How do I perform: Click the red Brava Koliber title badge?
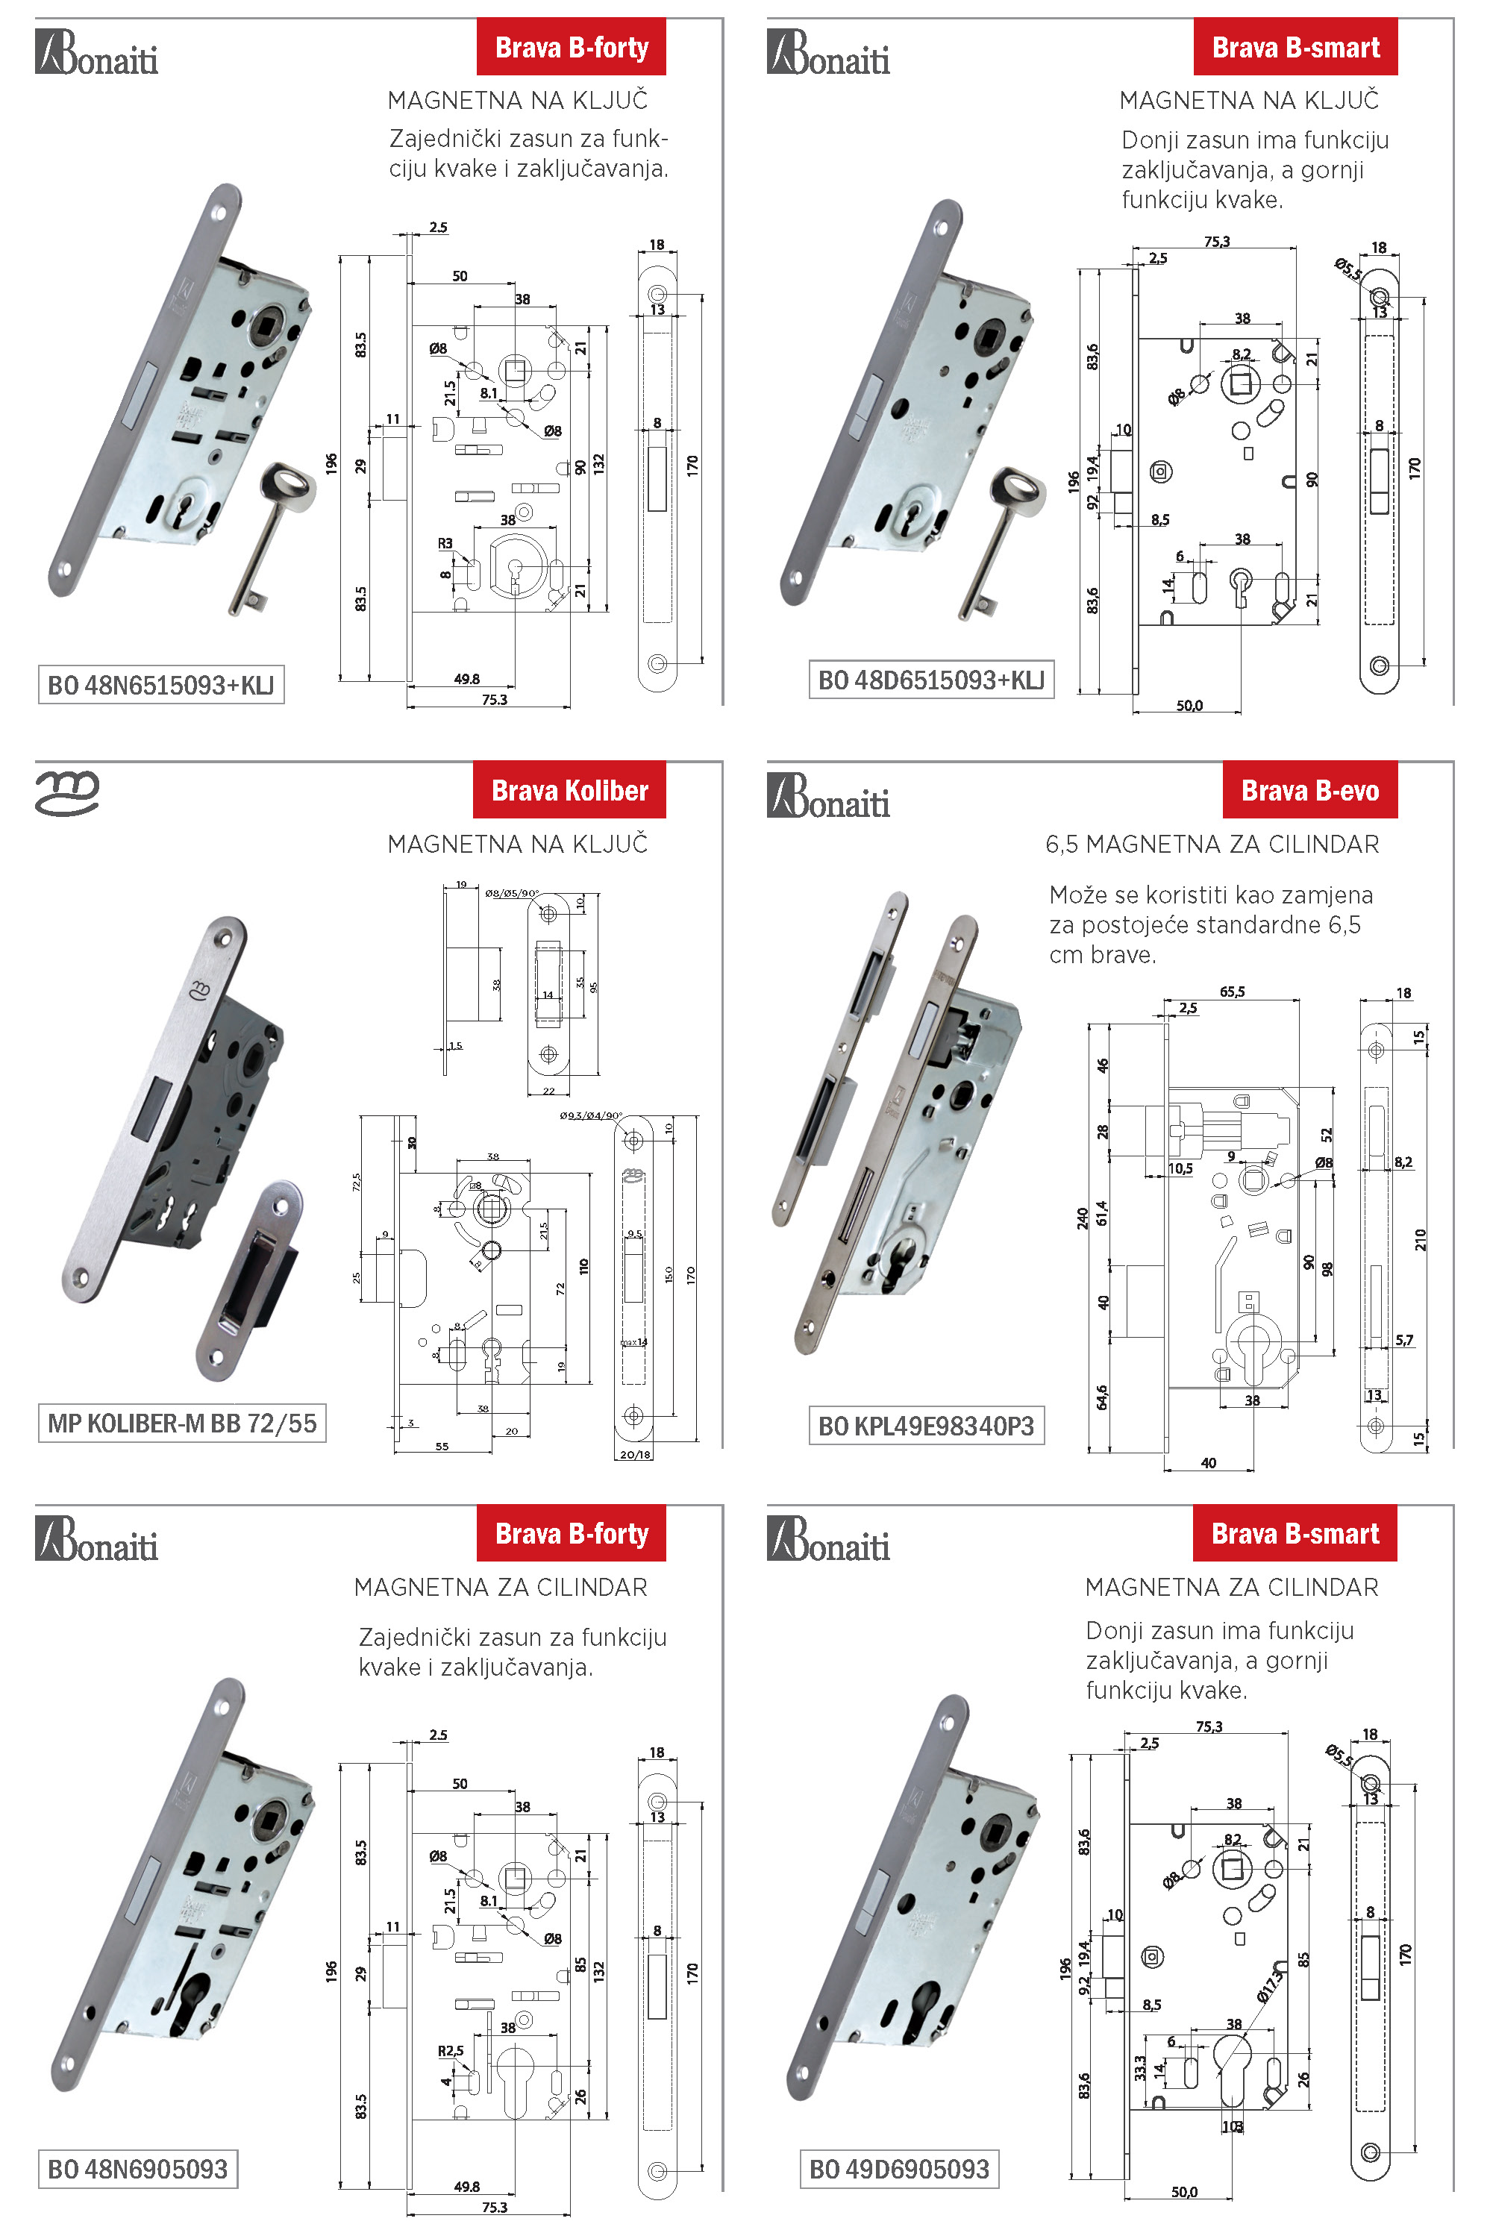pyautogui.click(x=569, y=791)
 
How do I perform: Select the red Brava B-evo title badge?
pyautogui.click(x=1309, y=791)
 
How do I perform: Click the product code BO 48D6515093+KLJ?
pyautogui.click(x=930, y=680)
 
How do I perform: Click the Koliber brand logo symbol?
pyautogui.click(x=66, y=793)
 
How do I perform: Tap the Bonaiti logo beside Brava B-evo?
pyautogui.click(x=829, y=796)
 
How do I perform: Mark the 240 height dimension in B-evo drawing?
pyautogui.click(x=1083, y=1219)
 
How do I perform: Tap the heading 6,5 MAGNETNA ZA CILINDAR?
pyautogui.click(x=1212, y=844)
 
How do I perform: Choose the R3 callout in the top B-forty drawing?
pyautogui.click(x=445, y=543)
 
